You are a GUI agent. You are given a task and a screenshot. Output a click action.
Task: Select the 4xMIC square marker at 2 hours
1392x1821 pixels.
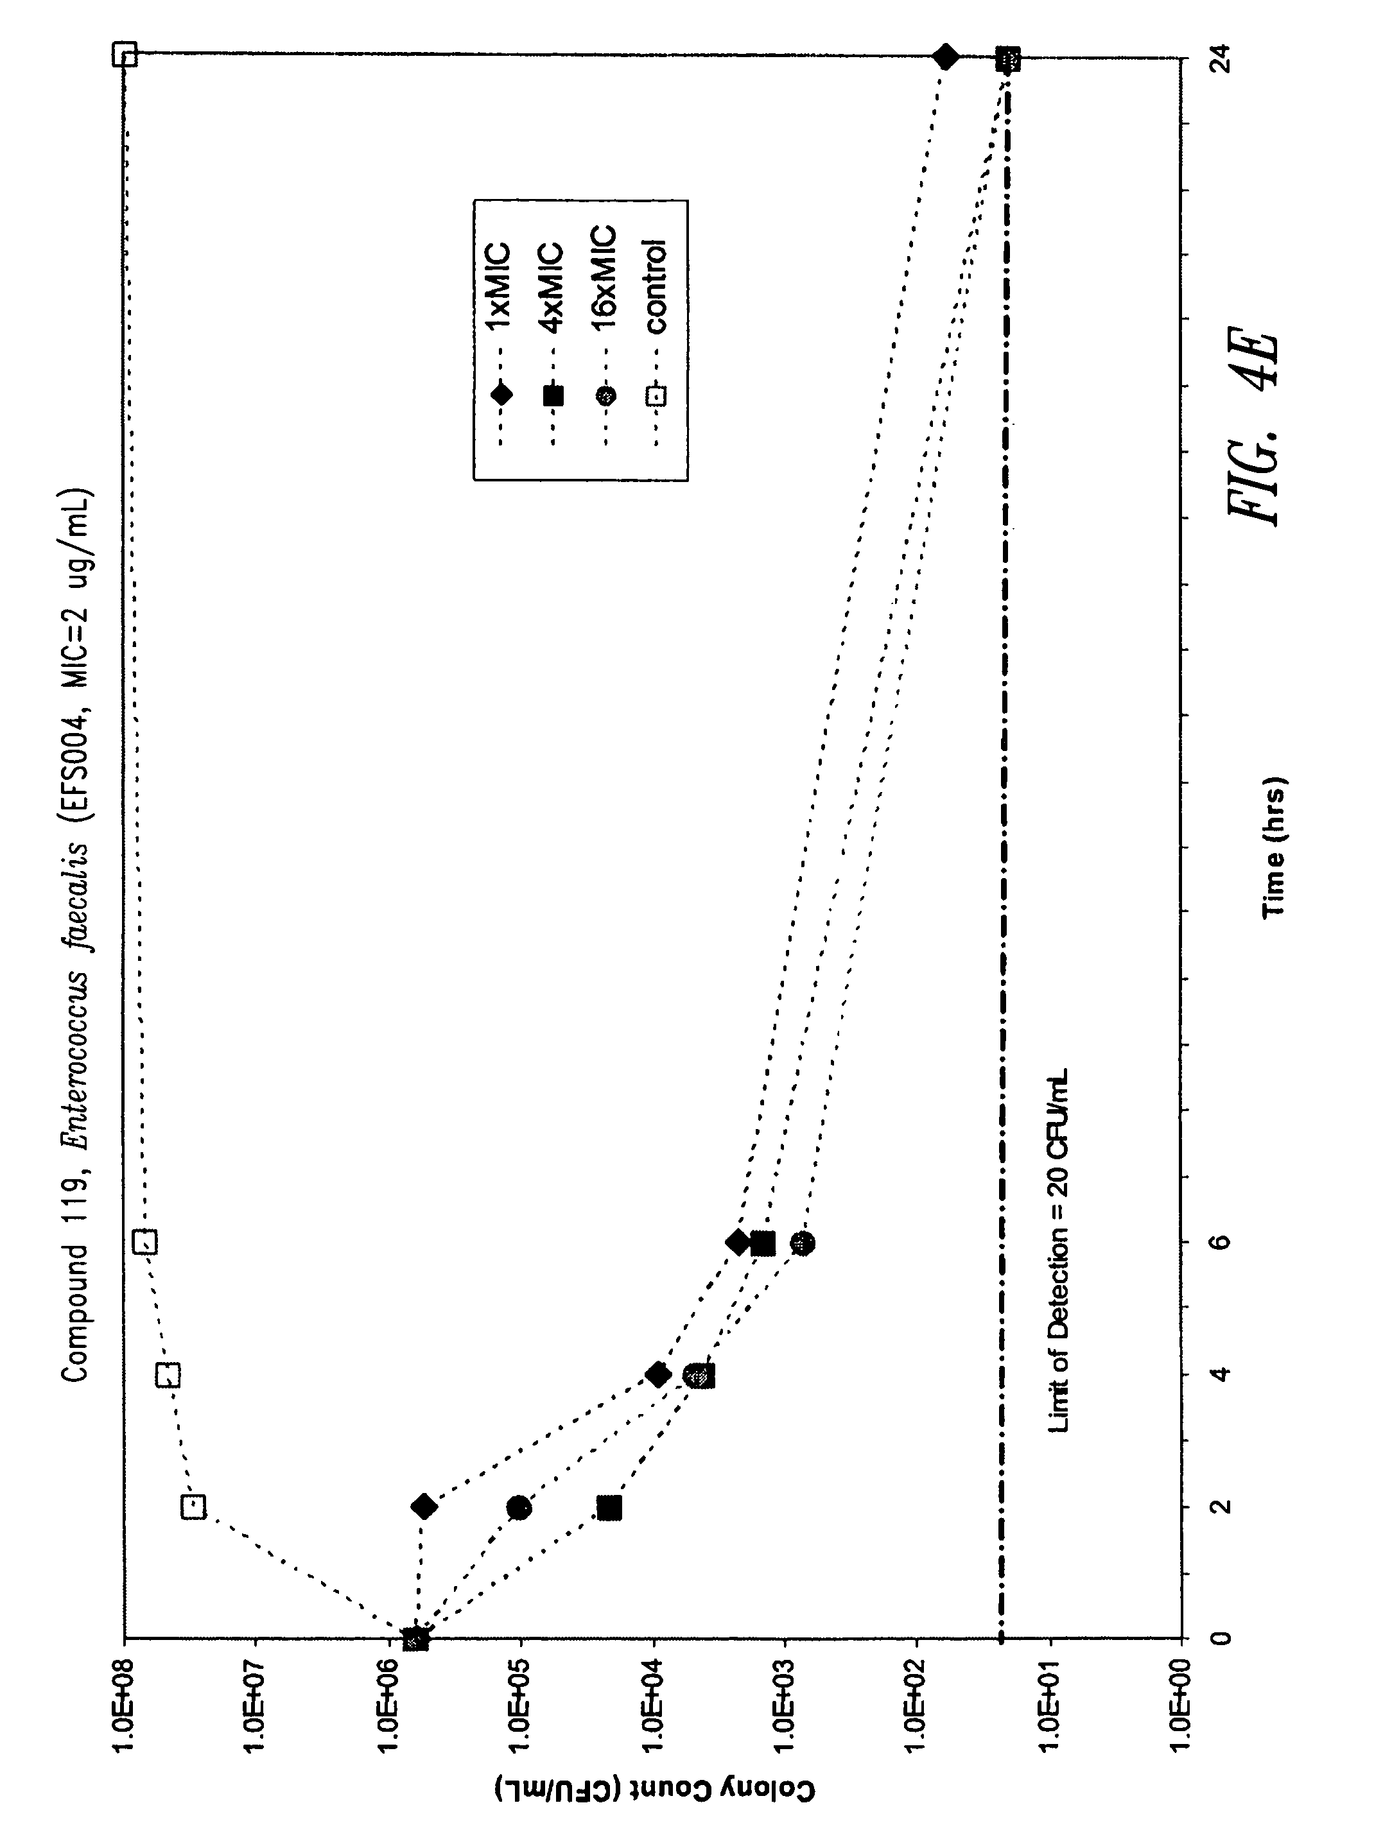point(610,1508)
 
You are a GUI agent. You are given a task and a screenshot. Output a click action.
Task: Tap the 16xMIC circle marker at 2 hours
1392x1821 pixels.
point(519,1507)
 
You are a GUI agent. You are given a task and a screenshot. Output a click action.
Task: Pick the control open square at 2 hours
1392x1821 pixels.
point(193,1505)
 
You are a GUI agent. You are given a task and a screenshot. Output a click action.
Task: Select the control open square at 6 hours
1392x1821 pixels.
point(145,1242)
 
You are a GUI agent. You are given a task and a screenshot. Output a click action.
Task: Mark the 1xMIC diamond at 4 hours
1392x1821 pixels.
point(658,1375)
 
